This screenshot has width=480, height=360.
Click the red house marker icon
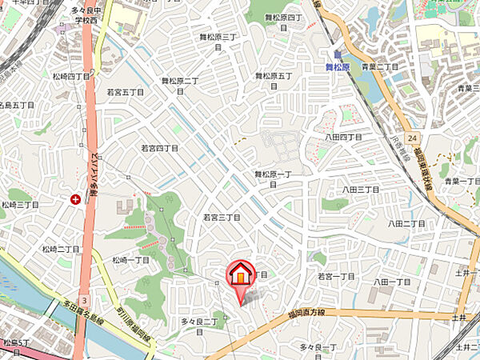click(x=240, y=275)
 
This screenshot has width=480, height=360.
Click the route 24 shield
click(x=412, y=138)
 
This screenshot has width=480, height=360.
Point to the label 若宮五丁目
click(x=126, y=93)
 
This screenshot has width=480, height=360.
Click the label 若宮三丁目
click(x=222, y=217)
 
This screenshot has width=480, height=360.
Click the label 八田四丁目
click(x=344, y=138)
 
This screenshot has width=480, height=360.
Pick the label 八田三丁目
click(x=360, y=189)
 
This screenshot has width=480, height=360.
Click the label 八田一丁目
click(x=391, y=282)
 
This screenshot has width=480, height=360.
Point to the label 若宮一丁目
click(x=336, y=276)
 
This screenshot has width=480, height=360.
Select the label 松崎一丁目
click(x=131, y=260)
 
